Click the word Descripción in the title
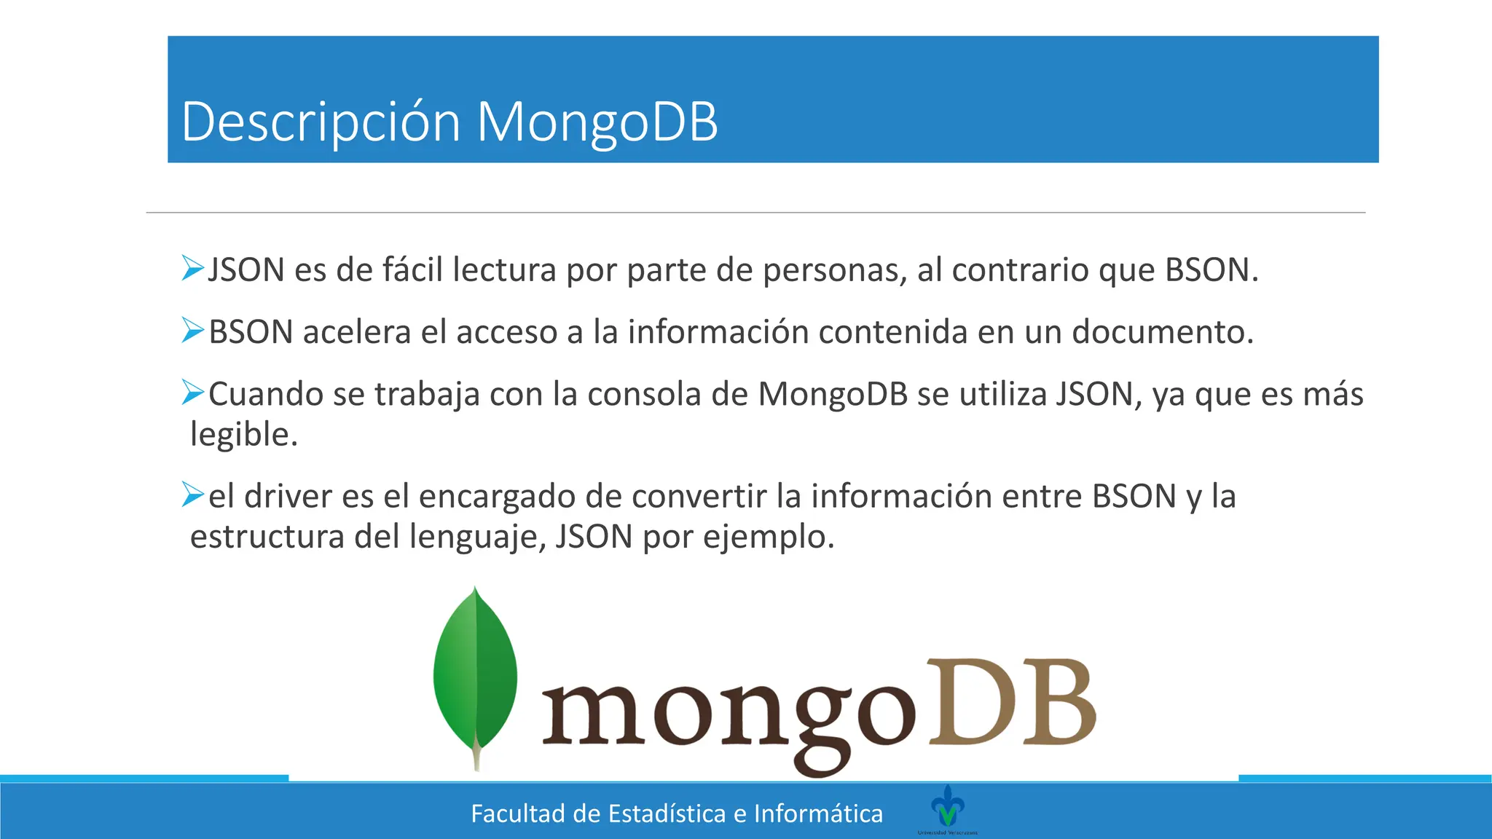pos(321,122)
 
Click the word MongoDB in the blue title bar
pos(597,122)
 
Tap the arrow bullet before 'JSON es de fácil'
pos(193,268)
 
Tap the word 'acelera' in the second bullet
pos(357,332)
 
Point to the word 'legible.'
pos(244,435)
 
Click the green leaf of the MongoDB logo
pos(475,674)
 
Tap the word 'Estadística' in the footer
pos(667,814)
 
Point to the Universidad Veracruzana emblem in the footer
pos(948,807)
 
